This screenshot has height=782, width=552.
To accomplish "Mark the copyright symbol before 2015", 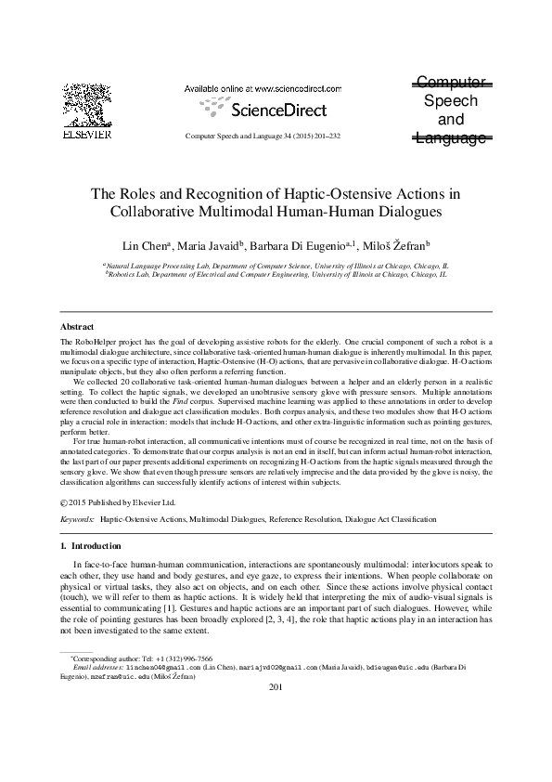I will [x=63, y=502].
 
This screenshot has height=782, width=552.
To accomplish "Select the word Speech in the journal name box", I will [x=450, y=101].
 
